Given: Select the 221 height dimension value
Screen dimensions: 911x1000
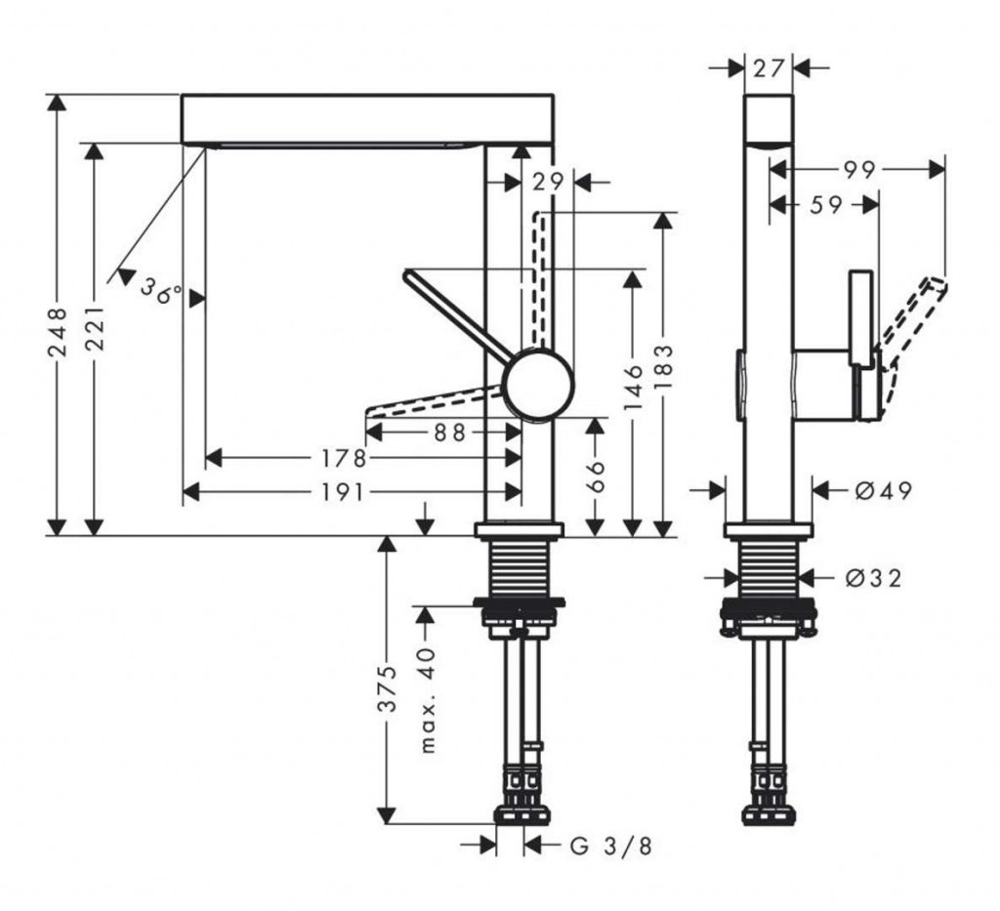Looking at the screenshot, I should (x=95, y=322).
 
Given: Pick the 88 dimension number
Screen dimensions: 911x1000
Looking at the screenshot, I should (x=450, y=432).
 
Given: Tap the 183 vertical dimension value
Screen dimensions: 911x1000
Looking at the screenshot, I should (x=663, y=366).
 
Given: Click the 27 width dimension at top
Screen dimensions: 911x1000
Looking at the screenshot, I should (x=769, y=68).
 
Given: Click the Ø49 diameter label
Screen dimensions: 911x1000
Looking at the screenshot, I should (x=883, y=490).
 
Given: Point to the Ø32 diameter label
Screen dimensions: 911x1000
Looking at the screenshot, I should (x=873, y=578).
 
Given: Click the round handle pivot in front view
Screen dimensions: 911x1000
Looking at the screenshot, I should (x=537, y=385).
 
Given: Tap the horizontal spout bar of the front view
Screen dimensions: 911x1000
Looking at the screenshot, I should (x=368, y=118).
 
